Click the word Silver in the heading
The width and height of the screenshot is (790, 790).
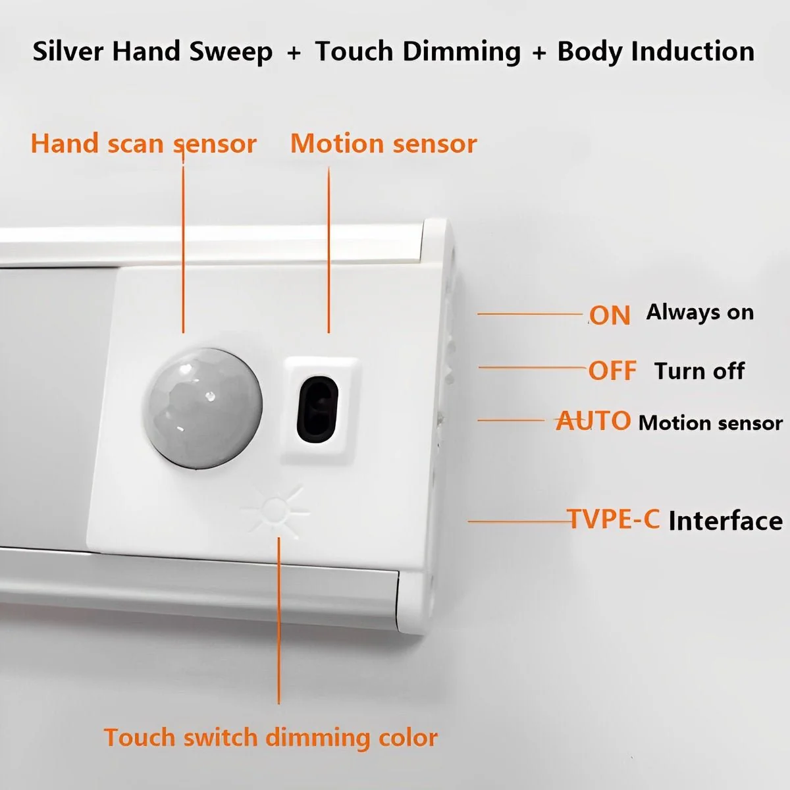(67, 51)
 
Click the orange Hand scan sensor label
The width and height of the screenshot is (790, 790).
(144, 144)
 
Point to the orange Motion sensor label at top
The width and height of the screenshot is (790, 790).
(384, 144)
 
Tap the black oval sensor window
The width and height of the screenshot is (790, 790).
(317, 408)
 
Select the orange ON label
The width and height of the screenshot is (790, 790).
(610, 316)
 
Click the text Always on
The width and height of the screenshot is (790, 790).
(700, 313)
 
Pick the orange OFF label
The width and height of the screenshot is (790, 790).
(612, 371)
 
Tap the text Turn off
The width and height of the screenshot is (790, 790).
(699, 371)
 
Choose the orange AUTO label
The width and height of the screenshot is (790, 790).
(592, 421)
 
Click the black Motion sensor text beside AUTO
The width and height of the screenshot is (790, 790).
(710, 423)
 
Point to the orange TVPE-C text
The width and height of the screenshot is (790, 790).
(613, 519)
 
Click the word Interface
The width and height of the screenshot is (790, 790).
(725, 521)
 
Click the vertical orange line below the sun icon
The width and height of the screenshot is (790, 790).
(278, 621)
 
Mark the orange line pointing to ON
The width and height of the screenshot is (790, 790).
(531, 314)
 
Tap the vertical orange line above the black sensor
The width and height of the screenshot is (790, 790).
(329, 250)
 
